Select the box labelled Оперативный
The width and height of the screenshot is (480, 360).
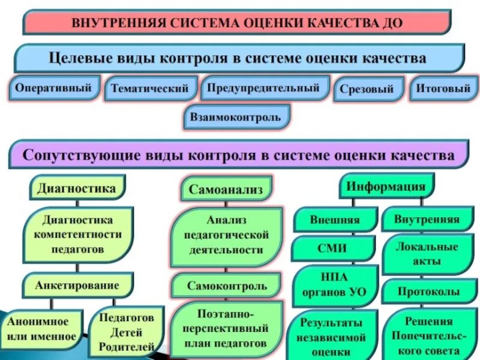click(53, 88)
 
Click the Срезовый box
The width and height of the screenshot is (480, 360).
click(367, 89)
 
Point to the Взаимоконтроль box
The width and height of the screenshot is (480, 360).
click(236, 117)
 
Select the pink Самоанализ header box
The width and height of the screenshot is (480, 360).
click(226, 190)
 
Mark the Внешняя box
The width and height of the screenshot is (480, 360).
click(335, 219)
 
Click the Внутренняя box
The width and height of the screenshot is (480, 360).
click(427, 219)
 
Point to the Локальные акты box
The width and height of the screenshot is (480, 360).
click(427, 254)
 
